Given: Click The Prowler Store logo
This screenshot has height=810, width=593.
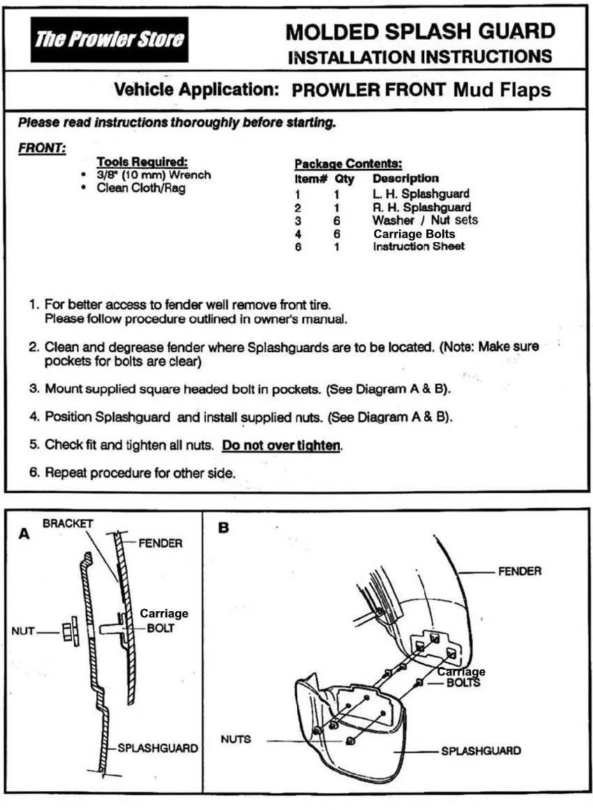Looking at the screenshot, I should click(110, 39).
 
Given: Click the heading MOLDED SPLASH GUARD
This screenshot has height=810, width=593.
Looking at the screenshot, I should click(420, 31).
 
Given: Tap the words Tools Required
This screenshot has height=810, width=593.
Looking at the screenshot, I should click(142, 162).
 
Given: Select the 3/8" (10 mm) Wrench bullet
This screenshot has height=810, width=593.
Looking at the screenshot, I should click(153, 175).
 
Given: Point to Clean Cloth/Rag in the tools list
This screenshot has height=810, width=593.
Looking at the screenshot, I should click(141, 188).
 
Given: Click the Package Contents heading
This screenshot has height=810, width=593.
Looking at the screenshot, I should click(348, 164).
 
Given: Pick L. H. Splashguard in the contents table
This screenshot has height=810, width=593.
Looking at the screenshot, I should click(421, 193).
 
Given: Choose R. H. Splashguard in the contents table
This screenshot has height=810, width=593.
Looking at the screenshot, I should click(421, 207).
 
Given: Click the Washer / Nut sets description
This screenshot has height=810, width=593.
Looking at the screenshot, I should click(426, 220).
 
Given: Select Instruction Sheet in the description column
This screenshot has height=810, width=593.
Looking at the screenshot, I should click(419, 246).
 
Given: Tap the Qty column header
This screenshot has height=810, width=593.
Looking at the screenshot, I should click(344, 179).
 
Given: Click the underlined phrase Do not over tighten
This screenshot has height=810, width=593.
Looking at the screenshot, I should click(281, 445).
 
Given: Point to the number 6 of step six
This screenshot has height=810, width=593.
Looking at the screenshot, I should click(33, 472).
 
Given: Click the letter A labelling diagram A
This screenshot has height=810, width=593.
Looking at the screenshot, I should click(25, 534).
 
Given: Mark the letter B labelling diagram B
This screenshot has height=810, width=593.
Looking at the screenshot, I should click(223, 528).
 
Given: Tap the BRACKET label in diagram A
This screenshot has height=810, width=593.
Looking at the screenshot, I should click(68, 523).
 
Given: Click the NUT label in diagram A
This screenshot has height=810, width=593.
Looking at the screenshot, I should click(23, 632).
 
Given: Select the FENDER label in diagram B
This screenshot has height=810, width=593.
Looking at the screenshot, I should click(520, 571).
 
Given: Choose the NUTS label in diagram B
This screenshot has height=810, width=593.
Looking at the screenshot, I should click(236, 739).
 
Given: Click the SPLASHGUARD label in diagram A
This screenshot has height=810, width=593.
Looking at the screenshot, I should click(158, 748).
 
